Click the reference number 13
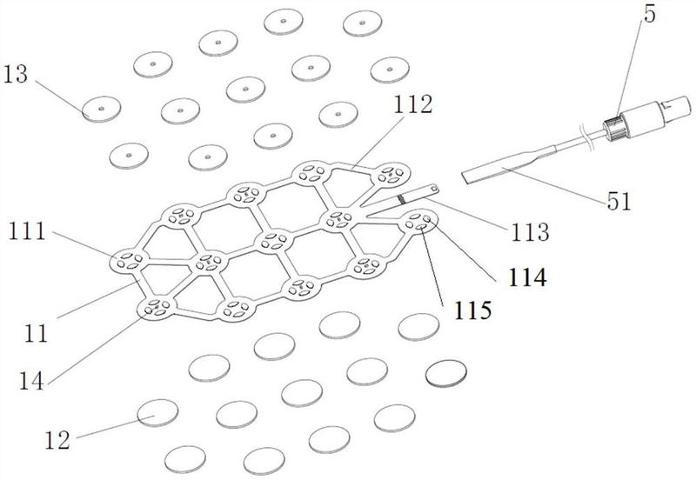[x=16, y=75]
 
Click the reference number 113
[x=531, y=232]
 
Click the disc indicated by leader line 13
[x=101, y=109]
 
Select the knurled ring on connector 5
[x=615, y=127]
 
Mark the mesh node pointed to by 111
[x=129, y=259]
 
